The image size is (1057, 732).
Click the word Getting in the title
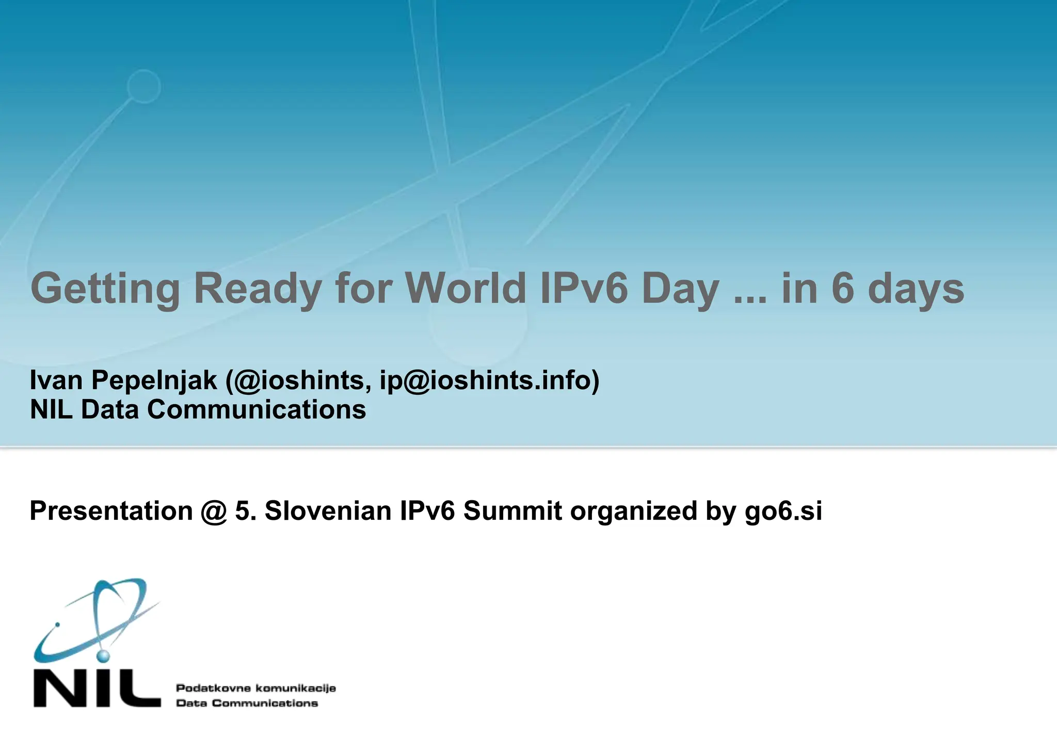(105, 289)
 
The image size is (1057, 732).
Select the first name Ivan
(56, 380)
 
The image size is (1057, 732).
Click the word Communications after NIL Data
(257, 410)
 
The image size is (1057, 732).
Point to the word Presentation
(111, 511)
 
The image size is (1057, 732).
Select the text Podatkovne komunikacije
(256, 688)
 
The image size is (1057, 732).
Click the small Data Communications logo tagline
(247, 703)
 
